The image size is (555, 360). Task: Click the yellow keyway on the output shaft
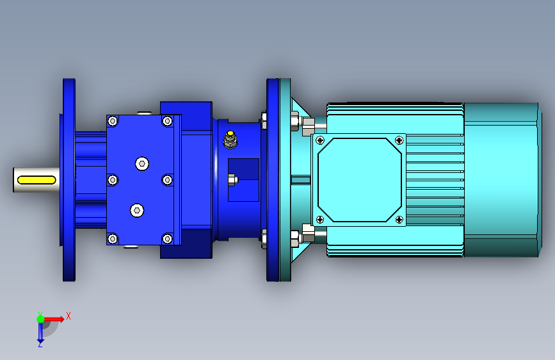tap(36, 180)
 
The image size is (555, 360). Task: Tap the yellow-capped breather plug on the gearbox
tap(230, 139)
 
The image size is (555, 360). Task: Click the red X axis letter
tap(68, 316)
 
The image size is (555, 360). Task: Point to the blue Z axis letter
tap(40, 343)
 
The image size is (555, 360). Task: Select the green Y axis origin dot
tap(41, 319)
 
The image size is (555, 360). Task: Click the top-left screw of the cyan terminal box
tap(320, 140)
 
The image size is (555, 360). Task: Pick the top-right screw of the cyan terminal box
tap(399, 140)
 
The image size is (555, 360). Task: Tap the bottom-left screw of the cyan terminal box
tap(320, 220)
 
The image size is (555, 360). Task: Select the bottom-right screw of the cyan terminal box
tap(399, 220)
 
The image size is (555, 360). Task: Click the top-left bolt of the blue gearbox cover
tap(113, 121)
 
